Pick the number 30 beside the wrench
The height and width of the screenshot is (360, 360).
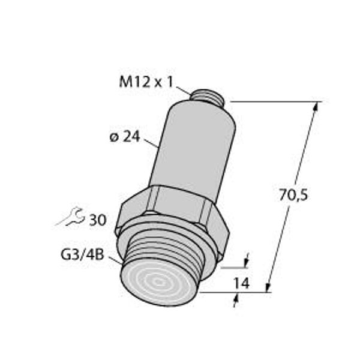(x=97, y=220)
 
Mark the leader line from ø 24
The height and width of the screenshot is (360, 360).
(x=152, y=142)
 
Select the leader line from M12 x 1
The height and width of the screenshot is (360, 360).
(x=183, y=90)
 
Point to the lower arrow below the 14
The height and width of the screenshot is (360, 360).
(x=236, y=300)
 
